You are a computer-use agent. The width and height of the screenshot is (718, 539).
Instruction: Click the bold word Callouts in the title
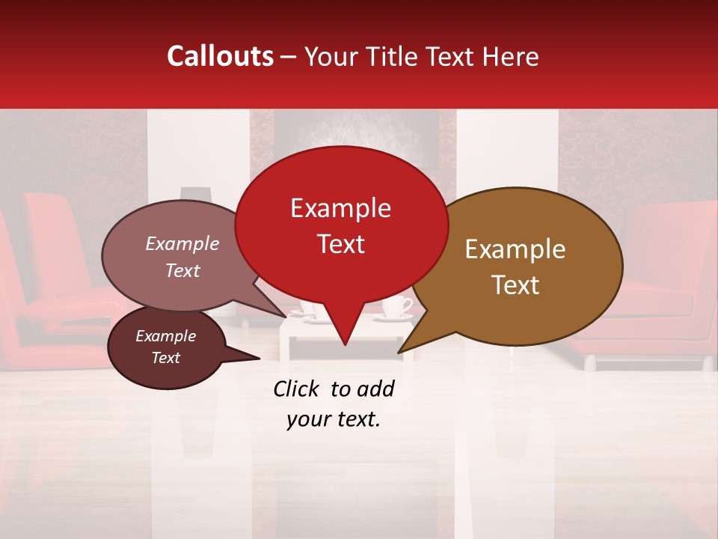coord(220,56)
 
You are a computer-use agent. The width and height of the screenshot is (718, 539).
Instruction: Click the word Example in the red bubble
coord(340,208)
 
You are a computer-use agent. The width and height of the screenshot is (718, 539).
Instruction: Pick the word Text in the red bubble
coord(341,244)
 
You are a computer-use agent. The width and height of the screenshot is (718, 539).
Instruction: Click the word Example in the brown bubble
coord(515,249)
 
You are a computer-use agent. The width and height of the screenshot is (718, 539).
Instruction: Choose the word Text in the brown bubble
coord(516,285)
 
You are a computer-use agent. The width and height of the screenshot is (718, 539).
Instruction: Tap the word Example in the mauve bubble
coord(182,243)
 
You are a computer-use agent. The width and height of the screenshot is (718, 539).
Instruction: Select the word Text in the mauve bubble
coord(182,270)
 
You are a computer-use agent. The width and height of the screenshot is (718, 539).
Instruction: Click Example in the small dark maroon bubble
coord(165,336)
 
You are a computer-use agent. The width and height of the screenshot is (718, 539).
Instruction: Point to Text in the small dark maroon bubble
coord(166,358)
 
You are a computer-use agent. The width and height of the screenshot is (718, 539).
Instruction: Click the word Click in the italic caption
coord(297,389)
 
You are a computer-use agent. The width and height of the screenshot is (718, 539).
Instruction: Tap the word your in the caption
coord(306,419)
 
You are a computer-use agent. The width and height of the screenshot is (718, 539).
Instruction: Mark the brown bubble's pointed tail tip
coord(399,353)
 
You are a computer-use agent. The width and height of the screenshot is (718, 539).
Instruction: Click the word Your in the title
coord(329,56)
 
